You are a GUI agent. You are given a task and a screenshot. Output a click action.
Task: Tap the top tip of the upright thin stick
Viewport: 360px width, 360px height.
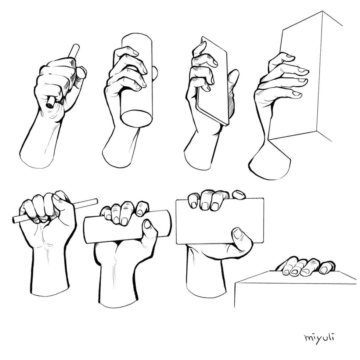coord(76,47)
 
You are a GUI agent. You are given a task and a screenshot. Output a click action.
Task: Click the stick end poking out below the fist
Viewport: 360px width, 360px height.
coord(50,103)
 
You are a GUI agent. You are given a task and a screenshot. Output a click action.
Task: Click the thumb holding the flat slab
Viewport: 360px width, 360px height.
coord(232,81)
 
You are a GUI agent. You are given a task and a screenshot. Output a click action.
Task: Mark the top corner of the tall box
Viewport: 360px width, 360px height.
coord(323,12)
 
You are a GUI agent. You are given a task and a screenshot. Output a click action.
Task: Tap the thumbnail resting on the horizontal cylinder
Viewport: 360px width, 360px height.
coord(147,224)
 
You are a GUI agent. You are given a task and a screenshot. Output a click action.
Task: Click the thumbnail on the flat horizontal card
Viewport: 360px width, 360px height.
coord(238,233)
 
